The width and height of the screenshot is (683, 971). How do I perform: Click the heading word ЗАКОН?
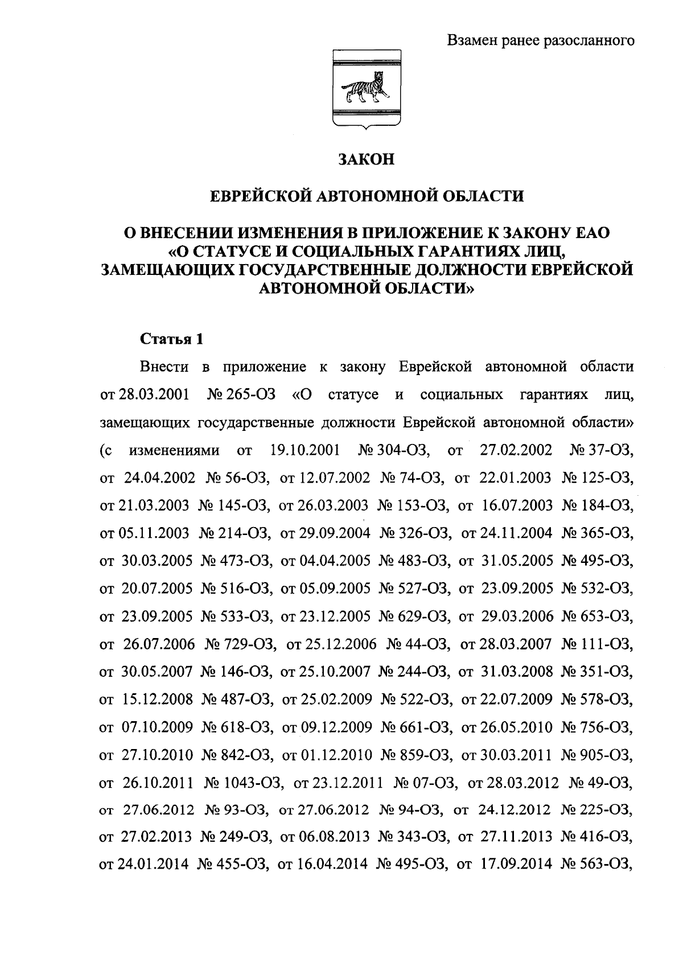click(x=367, y=159)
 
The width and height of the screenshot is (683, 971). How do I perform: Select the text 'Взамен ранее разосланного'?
click(x=540, y=41)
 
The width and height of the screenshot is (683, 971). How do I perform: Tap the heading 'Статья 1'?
click(x=171, y=340)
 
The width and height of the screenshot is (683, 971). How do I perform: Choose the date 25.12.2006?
click(x=340, y=644)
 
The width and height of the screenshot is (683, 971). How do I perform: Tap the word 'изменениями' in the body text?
click(x=175, y=450)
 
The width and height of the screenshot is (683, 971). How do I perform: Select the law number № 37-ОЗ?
click(x=602, y=450)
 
